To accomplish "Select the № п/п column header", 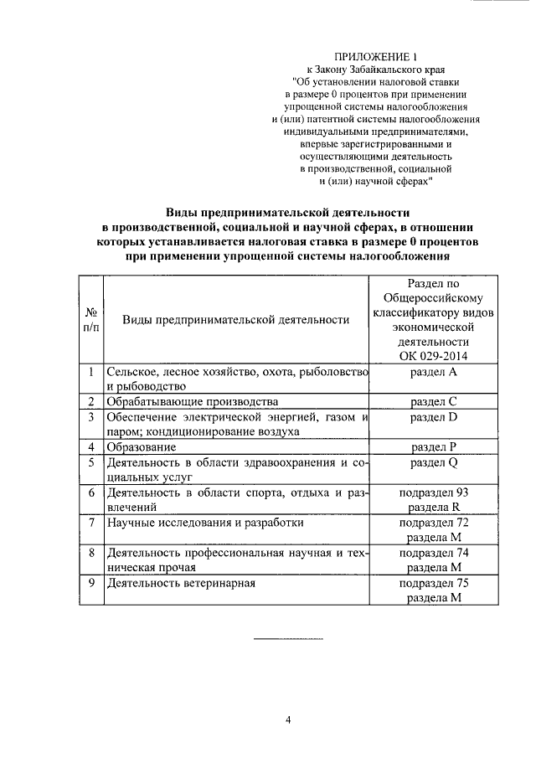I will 90,320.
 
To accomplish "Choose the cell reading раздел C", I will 434,401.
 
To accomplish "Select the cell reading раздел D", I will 434,416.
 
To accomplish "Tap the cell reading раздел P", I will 434,446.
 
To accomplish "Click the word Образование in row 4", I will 141,446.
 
